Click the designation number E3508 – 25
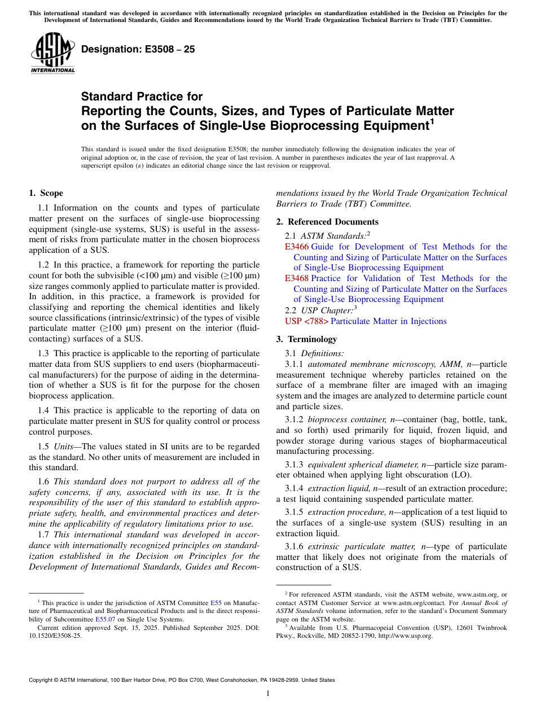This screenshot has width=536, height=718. point(138,49)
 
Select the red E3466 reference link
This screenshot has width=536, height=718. point(297,247)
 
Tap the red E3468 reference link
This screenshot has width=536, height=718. point(297,278)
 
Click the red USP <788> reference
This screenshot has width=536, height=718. point(306,321)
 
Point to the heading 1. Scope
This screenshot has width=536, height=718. point(46,193)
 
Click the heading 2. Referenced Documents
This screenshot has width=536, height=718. point(327,222)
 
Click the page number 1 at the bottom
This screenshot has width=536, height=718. point(268,694)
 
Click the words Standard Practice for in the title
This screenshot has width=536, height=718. point(142,97)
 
